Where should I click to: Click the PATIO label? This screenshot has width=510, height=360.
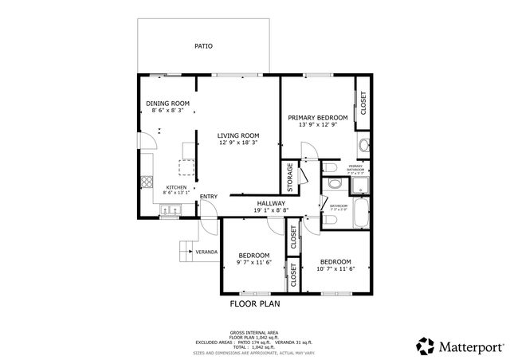[x=203, y=46]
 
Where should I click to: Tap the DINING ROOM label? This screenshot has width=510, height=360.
[x=167, y=104]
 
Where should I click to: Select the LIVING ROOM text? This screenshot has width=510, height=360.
[x=239, y=135]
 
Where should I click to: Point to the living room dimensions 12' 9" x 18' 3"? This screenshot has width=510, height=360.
[x=239, y=143]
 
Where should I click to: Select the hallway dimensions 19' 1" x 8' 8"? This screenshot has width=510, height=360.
[x=271, y=211]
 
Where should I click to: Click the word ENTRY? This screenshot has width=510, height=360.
[x=208, y=197]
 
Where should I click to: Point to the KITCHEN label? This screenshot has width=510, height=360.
[x=176, y=187]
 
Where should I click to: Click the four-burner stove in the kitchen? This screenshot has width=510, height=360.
[x=147, y=182]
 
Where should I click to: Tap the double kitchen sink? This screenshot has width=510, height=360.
[x=171, y=211]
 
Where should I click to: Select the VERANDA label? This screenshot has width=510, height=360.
[x=207, y=252]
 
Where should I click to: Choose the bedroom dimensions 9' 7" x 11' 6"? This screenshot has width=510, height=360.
[x=255, y=263]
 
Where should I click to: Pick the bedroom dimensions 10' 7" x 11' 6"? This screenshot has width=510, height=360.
[x=335, y=269]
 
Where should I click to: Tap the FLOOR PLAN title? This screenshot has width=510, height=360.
[x=255, y=303]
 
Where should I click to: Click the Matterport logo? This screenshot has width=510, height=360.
[x=461, y=346]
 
